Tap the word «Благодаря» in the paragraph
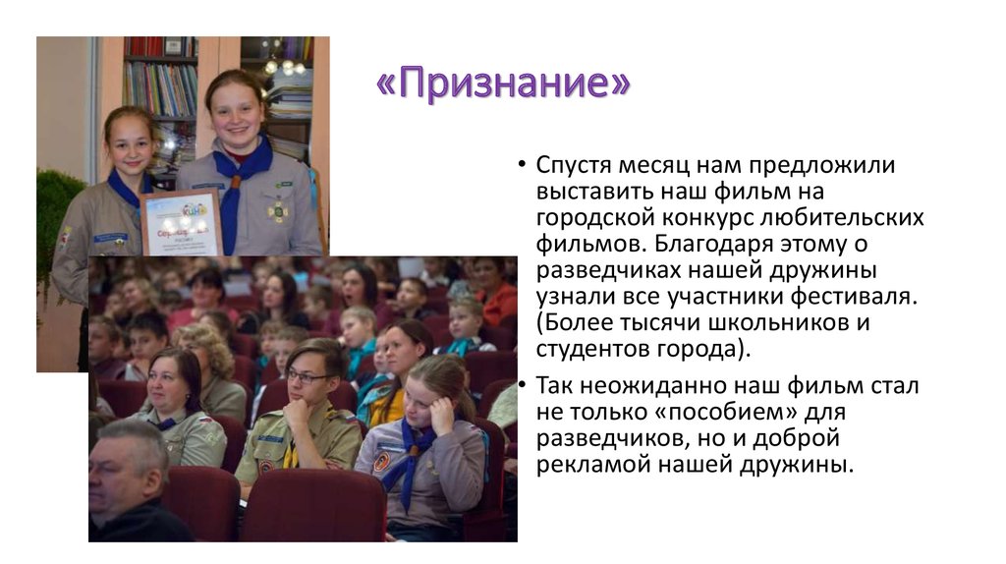pyautogui.click(x=690, y=243)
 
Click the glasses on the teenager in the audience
pyautogui.click(x=307, y=376)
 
